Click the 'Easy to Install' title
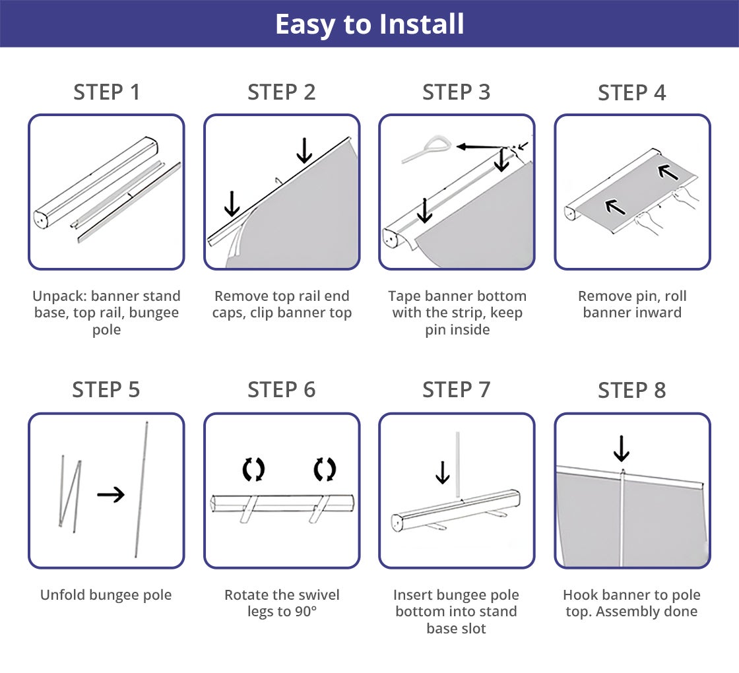369,24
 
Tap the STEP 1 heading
106,92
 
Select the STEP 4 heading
632,92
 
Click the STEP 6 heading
281,390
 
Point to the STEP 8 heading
632,390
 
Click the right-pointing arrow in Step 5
111,494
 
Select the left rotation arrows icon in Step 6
253,469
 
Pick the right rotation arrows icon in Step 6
325,469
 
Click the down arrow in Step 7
442,472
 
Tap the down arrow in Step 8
621,449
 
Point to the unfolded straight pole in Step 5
141,489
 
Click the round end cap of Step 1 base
40,220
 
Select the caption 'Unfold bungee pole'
106,594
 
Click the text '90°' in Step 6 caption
306,612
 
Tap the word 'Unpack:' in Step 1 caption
59,296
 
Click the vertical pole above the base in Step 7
457,465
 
